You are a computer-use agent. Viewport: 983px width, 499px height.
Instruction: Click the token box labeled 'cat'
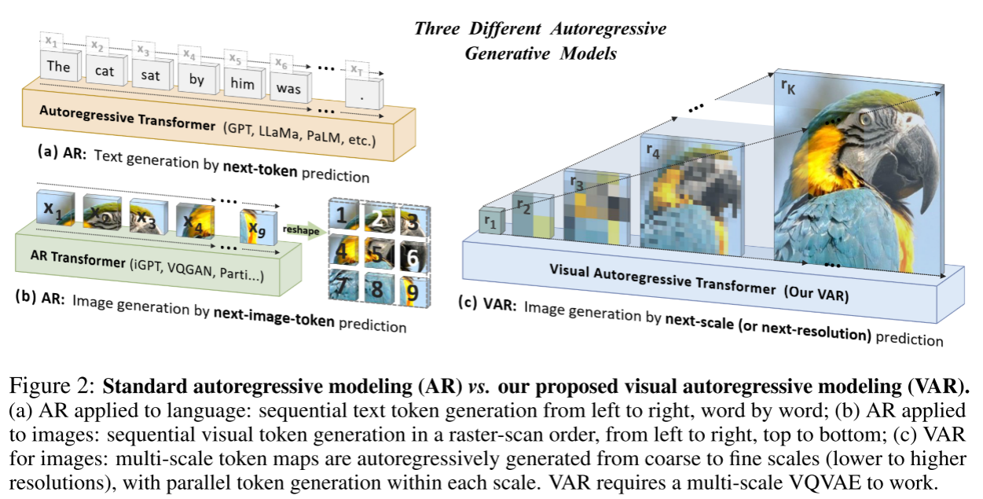click(105, 72)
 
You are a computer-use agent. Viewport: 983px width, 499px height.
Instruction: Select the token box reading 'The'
click(58, 67)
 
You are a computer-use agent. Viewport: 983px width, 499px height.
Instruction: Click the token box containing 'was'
click(288, 89)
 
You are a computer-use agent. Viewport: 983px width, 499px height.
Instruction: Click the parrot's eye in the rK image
click(864, 119)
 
